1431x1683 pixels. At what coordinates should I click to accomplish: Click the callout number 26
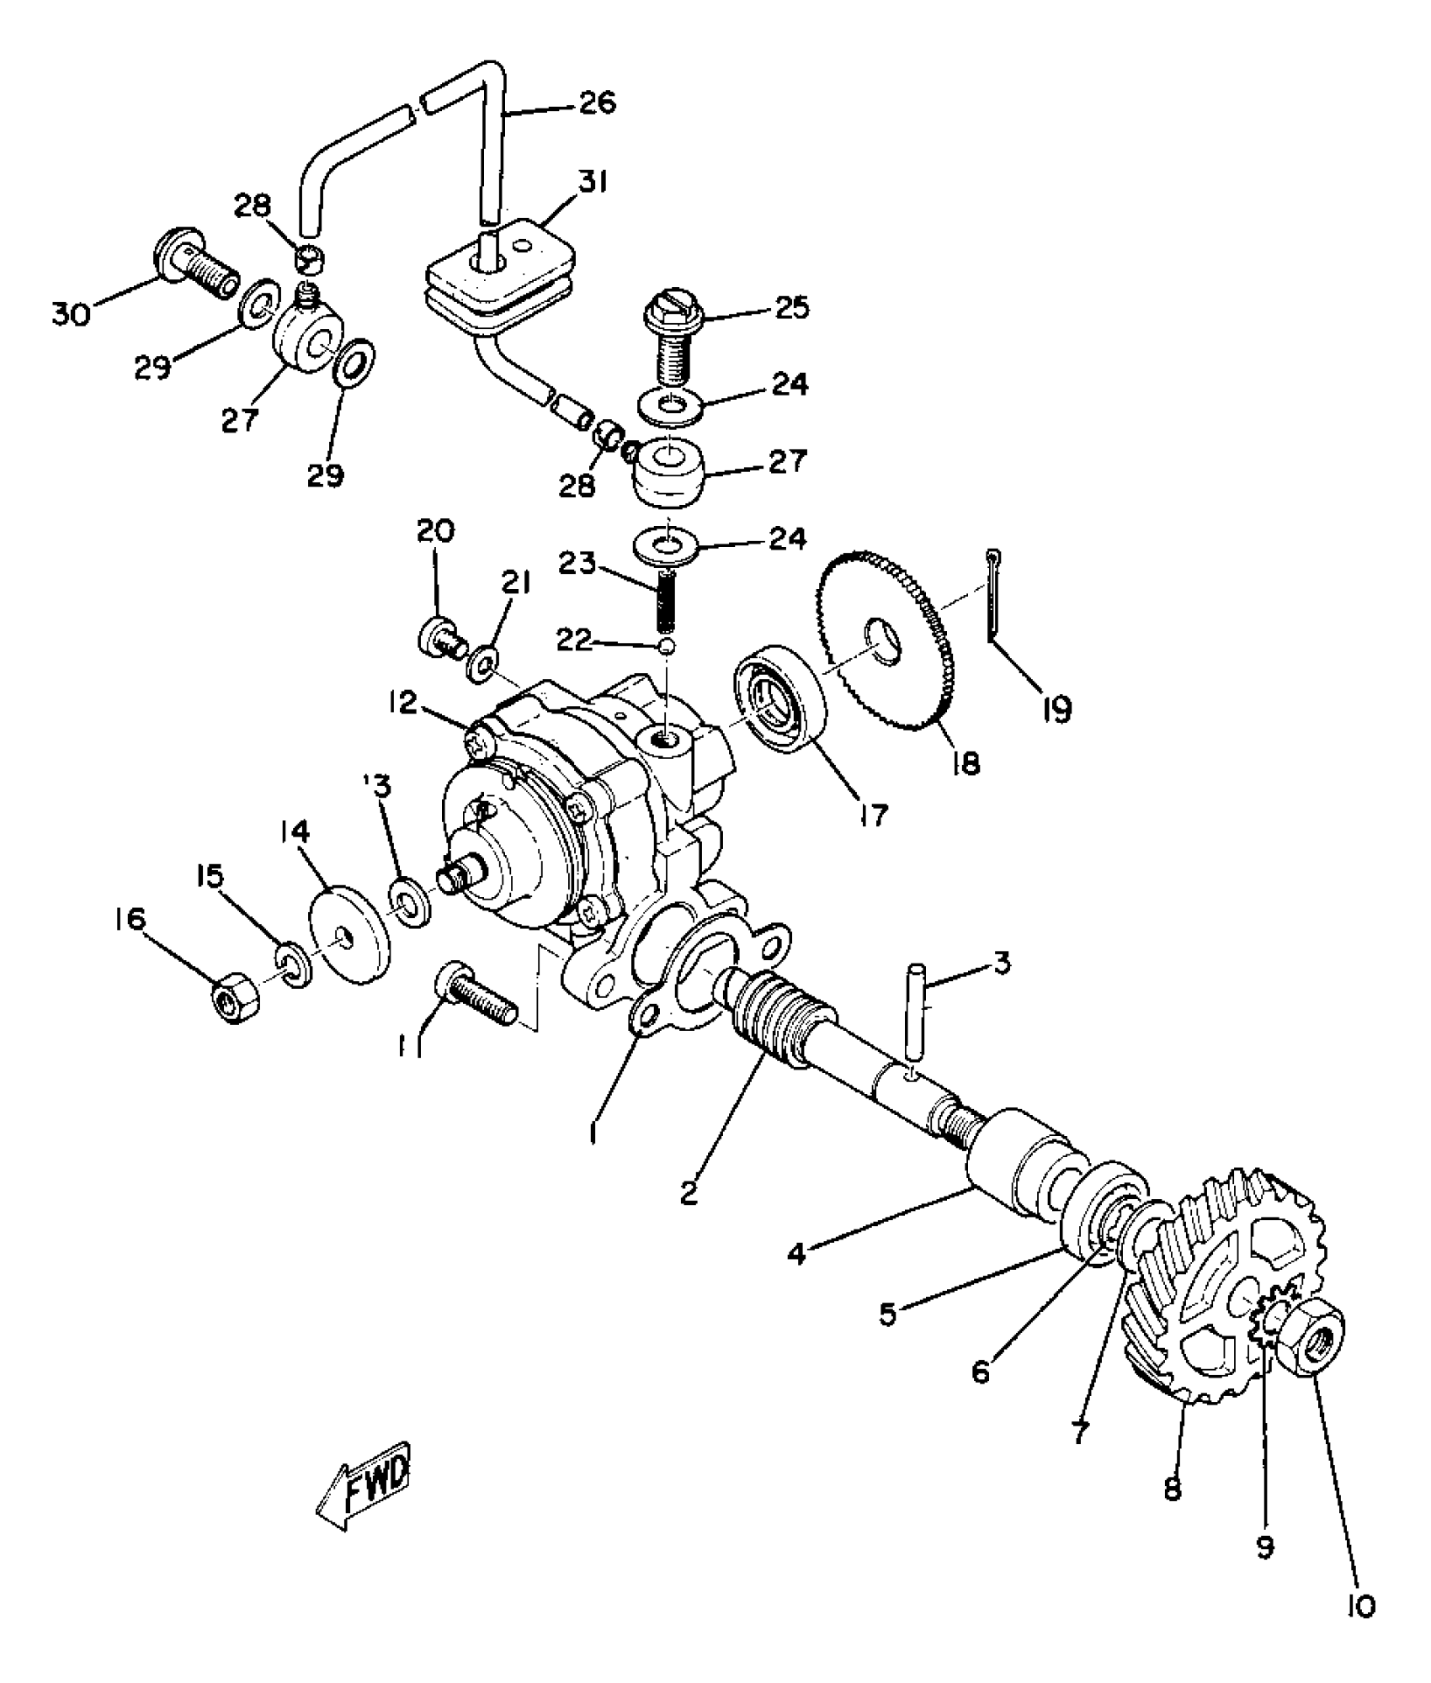(598, 103)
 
